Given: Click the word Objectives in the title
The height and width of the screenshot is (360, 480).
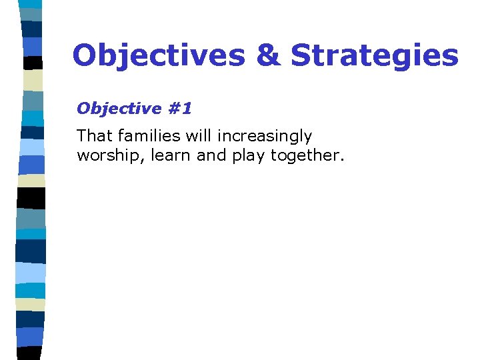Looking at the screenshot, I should pos(159,55).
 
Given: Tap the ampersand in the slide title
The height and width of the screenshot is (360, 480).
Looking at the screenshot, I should pos(267,55).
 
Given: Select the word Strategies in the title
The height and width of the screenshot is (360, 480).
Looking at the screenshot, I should pos(375,55).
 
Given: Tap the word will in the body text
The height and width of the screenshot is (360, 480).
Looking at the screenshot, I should pos(198,136).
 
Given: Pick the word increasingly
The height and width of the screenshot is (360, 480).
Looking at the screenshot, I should pos(263,137).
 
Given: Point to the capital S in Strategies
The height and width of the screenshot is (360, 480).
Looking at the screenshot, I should pos(301,55).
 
